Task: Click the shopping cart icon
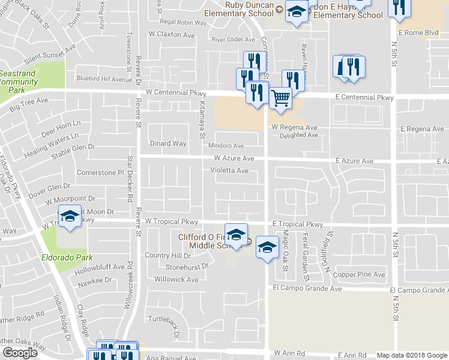(280, 97)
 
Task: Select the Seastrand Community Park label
(16, 81)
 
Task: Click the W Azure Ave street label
(234, 158)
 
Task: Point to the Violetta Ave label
(229, 170)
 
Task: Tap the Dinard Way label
(167, 143)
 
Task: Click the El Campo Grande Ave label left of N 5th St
(307, 289)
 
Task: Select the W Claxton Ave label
(171, 35)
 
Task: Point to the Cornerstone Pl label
(100, 173)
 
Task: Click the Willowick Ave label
(176, 280)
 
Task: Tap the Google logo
(20, 353)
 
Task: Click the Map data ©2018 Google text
(411, 355)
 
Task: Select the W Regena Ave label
(294, 128)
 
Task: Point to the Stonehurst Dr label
(187, 266)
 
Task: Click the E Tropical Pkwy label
(297, 224)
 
